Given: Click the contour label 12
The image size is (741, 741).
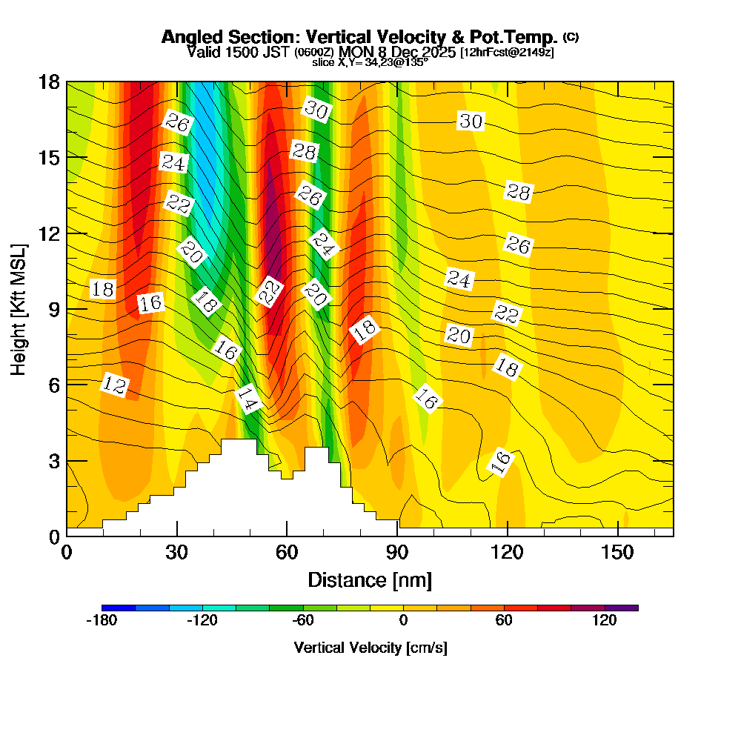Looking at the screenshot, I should pyautogui.click(x=115, y=385).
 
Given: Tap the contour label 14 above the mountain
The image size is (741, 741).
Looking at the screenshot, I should pyautogui.click(x=248, y=400).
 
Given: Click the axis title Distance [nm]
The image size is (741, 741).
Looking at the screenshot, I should pyautogui.click(x=370, y=579).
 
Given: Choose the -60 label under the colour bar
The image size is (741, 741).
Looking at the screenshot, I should pyautogui.click(x=302, y=621).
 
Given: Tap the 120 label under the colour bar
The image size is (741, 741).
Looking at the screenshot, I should pyautogui.click(x=605, y=621).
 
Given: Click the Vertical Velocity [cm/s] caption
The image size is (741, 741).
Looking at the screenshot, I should pyautogui.click(x=370, y=648).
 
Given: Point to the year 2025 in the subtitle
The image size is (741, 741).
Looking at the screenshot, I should pyautogui.click(x=436, y=53).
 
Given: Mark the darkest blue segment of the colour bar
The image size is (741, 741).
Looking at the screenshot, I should pyautogui.click(x=119, y=608).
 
